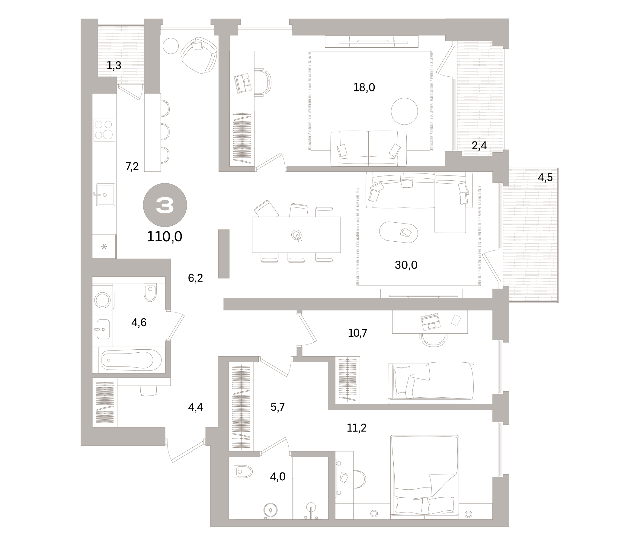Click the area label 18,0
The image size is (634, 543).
coord(364,88)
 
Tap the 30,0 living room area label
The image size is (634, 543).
coord(406,265)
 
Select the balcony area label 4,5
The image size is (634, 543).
coord(545,177)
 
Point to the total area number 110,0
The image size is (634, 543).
coord(165,236)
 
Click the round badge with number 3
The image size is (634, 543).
coord(165,205)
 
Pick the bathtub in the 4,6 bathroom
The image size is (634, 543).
coord(132,360)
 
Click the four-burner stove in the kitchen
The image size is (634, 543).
coord(104,130)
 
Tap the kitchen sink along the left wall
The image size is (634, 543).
coord(105,195)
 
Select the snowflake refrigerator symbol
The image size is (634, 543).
coord(104,247)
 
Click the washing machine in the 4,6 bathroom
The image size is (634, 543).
coord(103,300)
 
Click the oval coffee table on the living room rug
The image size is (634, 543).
coord(399,232)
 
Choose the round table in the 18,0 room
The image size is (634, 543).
coord(404,111)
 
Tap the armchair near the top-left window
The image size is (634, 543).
coord(199,55)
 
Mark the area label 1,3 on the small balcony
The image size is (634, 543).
coord(114,65)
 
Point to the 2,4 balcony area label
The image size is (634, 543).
coord(479,146)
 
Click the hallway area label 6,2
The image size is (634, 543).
coord(195,278)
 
